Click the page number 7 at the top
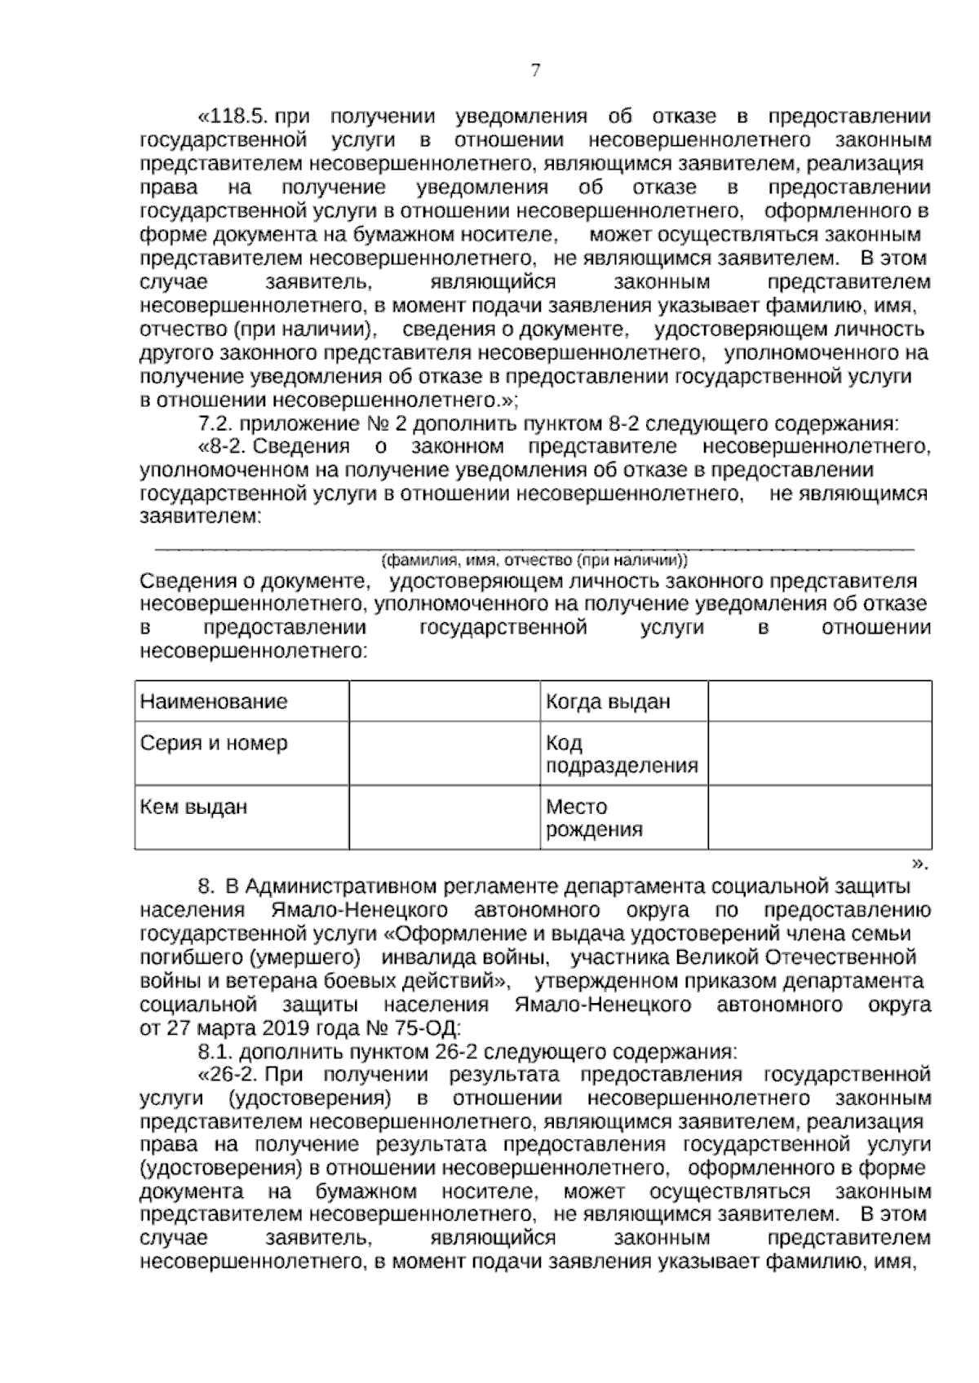coord(535,70)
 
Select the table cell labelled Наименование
coord(214,701)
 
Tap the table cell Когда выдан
coord(608,701)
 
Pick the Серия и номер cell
coord(214,744)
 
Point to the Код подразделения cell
coord(621,754)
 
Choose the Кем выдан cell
coord(193,807)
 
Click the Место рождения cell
coord(593,818)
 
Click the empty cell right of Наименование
coord(444,701)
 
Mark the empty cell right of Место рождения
coord(819,818)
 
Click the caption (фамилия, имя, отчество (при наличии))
coord(534,561)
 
